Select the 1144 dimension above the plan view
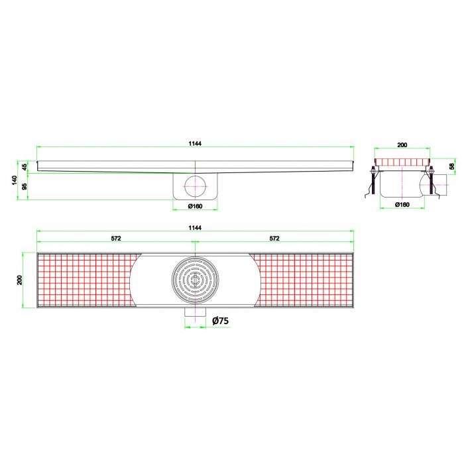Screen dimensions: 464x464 (x=194, y=227)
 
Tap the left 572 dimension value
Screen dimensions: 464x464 (x=115, y=239)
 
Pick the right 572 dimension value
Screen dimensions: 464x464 (x=274, y=239)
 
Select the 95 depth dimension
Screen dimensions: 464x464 (x=25, y=186)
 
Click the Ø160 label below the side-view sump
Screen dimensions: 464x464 (x=195, y=205)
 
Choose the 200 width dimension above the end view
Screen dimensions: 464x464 (x=402, y=144)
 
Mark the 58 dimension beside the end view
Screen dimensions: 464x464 (x=451, y=166)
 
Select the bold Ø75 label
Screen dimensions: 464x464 (x=220, y=321)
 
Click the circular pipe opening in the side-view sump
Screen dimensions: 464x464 (x=195, y=186)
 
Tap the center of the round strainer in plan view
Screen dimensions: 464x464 (x=195, y=279)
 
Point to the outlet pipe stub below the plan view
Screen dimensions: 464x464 (x=195, y=318)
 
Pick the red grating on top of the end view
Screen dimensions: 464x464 (x=402, y=162)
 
